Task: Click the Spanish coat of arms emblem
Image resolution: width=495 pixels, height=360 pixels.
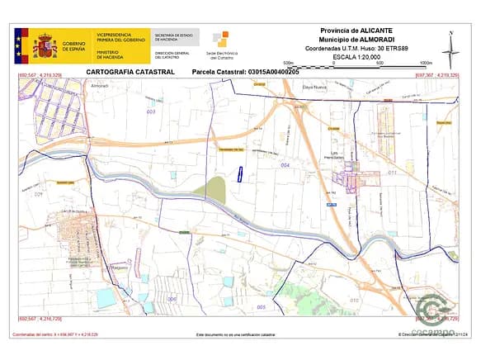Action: pyautogui.click(x=44, y=45)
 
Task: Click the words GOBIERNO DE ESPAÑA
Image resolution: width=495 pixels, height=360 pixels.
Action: pyautogui.click(x=73, y=45)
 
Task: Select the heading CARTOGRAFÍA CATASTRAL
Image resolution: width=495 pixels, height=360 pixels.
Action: pyautogui.click(x=130, y=73)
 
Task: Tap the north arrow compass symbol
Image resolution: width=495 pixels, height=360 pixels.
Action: pyautogui.click(x=450, y=50)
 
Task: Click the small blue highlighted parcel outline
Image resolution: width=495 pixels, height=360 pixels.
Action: pyautogui.click(x=239, y=173)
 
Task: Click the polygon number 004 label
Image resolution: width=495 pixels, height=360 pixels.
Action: pyautogui.click(x=285, y=165)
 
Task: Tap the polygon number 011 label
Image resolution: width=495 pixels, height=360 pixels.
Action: pyautogui.click(x=393, y=172)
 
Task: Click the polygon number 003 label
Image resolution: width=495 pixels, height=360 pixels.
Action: pyautogui.click(x=150, y=111)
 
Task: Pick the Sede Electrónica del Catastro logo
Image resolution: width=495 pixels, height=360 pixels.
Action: pyautogui.click(x=221, y=44)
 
